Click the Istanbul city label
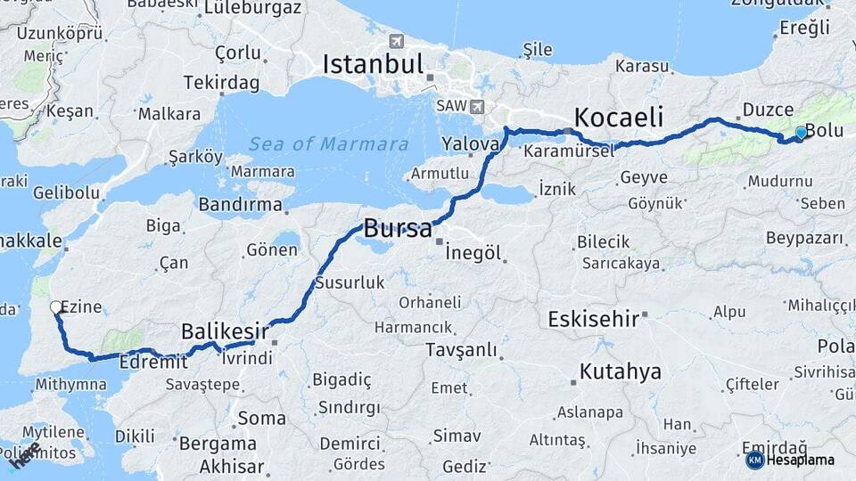372,63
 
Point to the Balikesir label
225,330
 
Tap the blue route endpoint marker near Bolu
801,133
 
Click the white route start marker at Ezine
56,307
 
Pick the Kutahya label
621,371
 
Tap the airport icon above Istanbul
397,41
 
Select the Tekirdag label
221,83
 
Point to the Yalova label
470,143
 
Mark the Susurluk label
349,282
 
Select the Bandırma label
240,204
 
